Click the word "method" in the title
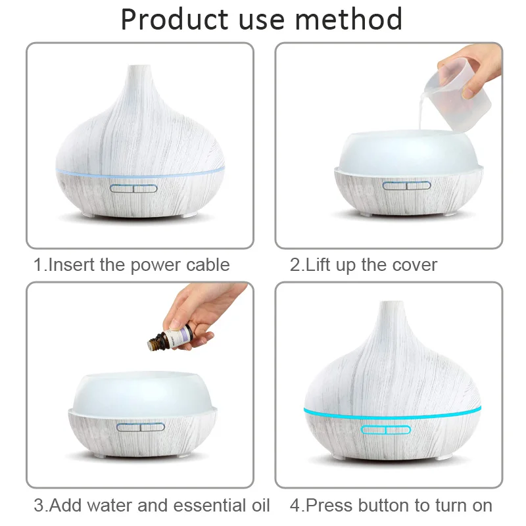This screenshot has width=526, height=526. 348,19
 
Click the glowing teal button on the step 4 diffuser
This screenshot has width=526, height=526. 386,430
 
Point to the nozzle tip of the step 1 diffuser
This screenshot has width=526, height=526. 140,69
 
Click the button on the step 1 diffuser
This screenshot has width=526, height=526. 134,189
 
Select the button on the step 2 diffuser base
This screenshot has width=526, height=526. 405,186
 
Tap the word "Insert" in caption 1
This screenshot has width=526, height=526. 72,265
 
